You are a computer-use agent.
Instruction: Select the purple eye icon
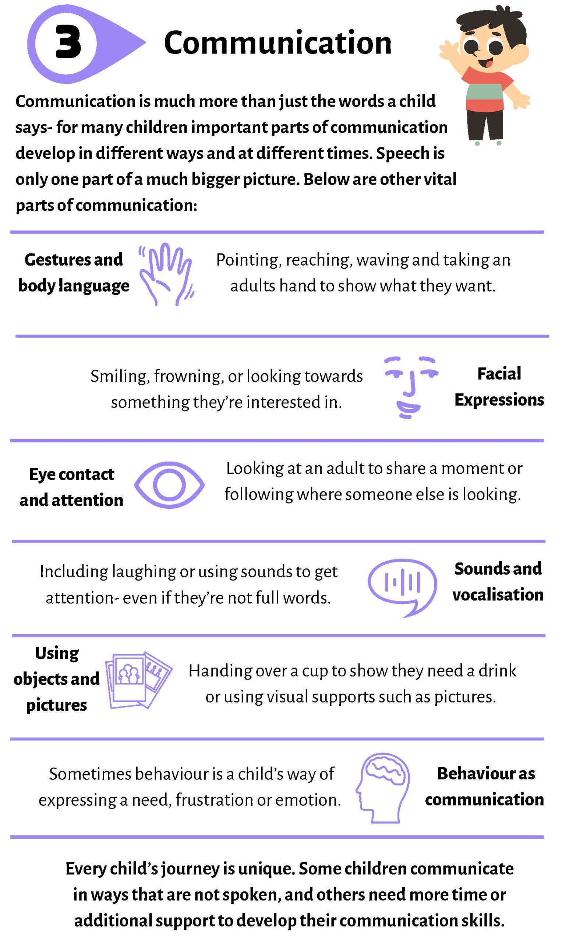[169, 485]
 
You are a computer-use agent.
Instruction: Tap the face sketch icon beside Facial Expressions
[411, 387]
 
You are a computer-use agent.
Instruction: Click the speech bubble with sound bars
[402, 587]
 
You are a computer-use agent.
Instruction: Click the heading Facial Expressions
[499, 387]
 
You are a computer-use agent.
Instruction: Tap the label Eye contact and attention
[71, 487]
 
